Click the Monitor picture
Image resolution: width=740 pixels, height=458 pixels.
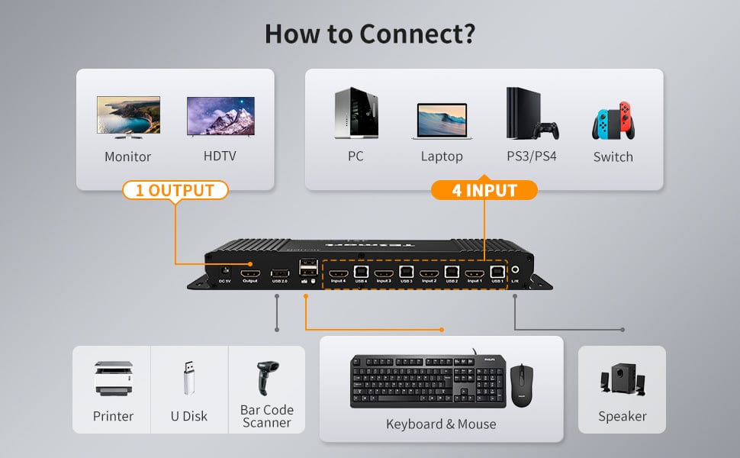coord(128,117)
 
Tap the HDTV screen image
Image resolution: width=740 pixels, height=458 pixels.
coord(220,117)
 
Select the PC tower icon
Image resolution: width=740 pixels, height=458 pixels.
coord(355,114)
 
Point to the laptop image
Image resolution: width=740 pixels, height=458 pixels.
coord(442,121)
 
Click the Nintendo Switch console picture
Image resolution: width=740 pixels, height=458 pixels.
coord(613,121)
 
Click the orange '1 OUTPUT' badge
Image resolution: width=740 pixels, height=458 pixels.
coord(175,190)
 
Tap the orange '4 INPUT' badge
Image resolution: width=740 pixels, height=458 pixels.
coord(484,190)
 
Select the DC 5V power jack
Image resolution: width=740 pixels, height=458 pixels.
coord(224,270)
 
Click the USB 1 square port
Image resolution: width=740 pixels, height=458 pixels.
coord(497,271)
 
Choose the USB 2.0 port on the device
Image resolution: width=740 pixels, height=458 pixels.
coord(279,273)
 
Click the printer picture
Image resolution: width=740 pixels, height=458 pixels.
coord(114,378)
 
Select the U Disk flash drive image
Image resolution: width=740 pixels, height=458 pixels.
coord(189,378)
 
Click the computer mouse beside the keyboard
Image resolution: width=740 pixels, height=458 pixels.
coord(522,384)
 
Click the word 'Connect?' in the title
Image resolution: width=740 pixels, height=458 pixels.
coord(417,34)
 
